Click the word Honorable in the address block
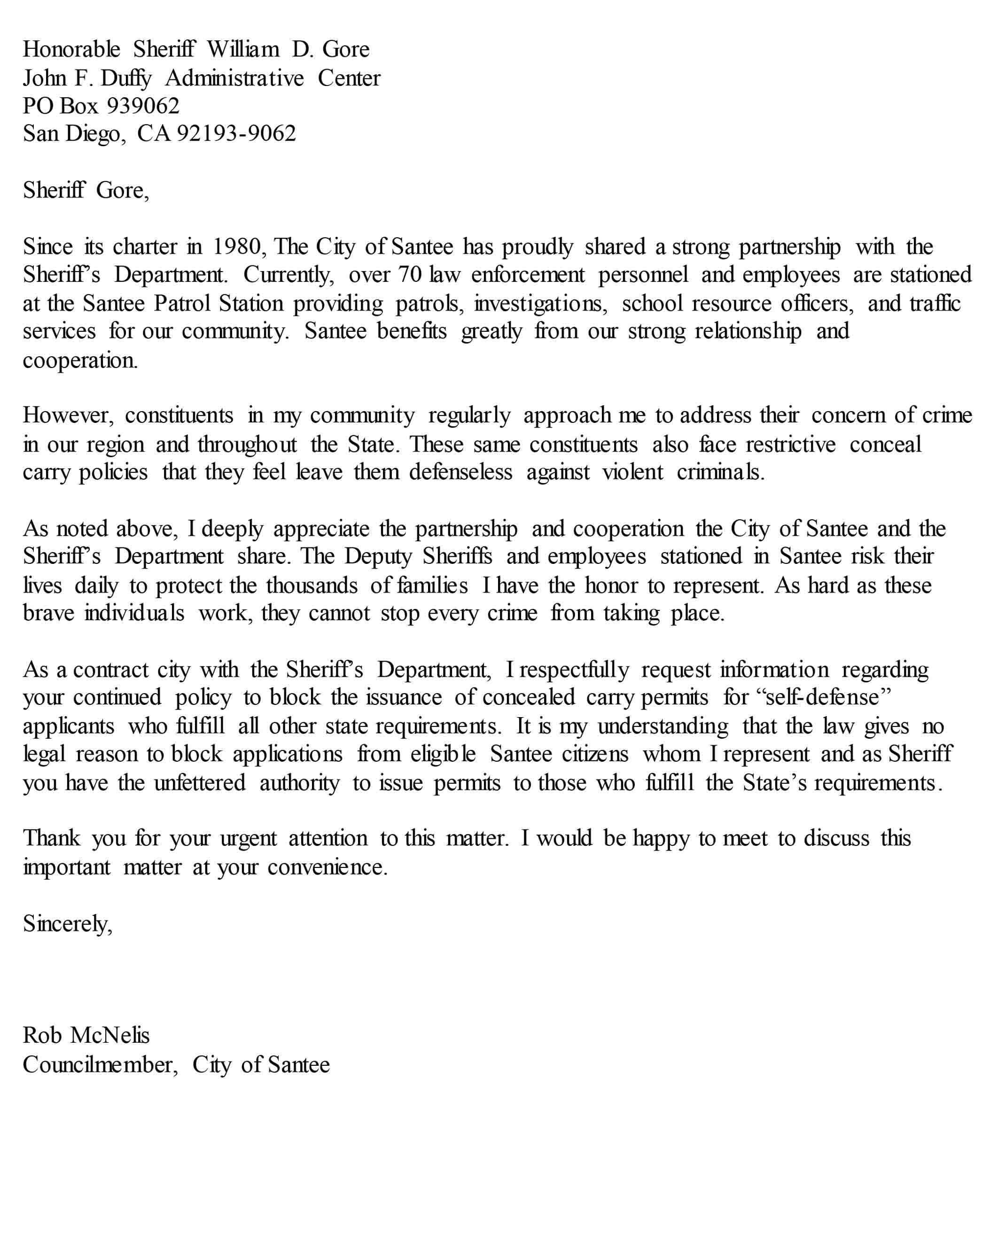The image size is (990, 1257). point(71,49)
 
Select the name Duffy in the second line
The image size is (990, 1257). point(126,78)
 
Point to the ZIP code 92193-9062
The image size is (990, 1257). point(236,133)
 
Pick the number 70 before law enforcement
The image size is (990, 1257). point(409,275)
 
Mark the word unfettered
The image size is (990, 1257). point(200,783)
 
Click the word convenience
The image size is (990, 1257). point(327,867)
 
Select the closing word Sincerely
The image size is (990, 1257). point(67,924)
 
